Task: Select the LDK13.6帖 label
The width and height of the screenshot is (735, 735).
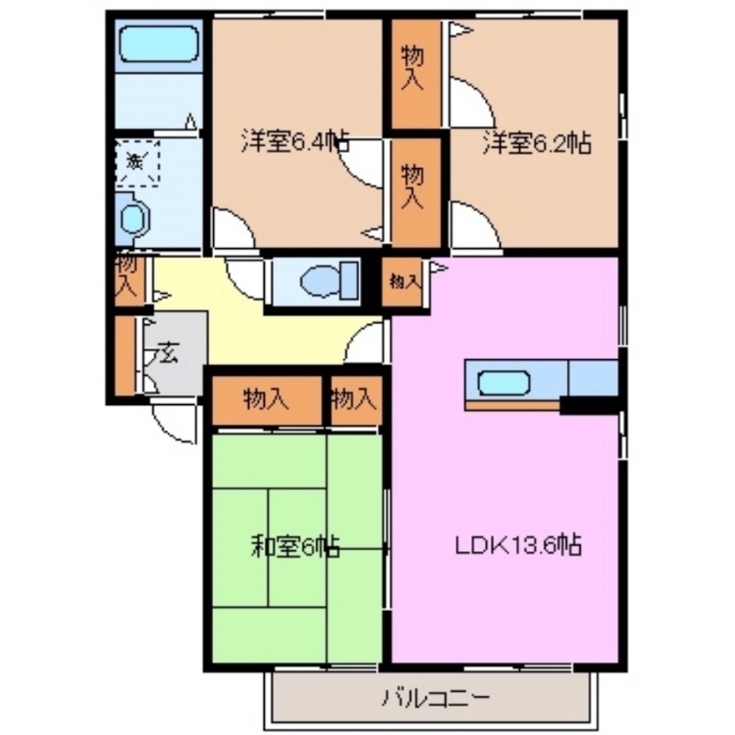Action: [x=518, y=546]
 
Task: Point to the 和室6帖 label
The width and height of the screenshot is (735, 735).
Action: [x=295, y=548]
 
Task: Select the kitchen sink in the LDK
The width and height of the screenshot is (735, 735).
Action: [x=502, y=379]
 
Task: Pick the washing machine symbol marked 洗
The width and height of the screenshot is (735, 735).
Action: [x=138, y=164]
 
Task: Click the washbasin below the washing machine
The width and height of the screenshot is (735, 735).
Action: [x=136, y=220]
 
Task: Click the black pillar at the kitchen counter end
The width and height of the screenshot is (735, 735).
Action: [x=589, y=403]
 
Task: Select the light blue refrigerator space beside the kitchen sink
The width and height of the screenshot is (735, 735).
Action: [x=594, y=378]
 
